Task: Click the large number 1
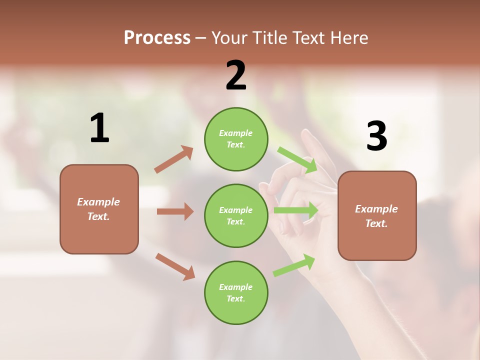pyautogui.click(x=99, y=128)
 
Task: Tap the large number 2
pyautogui.click(x=236, y=75)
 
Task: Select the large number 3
pyautogui.click(x=376, y=136)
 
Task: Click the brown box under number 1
pyautogui.click(x=99, y=209)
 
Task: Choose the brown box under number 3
pyautogui.click(x=377, y=215)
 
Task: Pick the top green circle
pyautogui.click(x=236, y=139)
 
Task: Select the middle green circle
pyautogui.click(x=236, y=215)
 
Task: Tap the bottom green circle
pyautogui.click(x=236, y=292)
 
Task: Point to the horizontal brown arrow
pyautogui.click(x=175, y=211)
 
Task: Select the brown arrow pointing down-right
pyautogui.click(x=175, y=266)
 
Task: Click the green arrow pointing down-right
pyautogui.click(x=298, y=160)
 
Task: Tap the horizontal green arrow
pyautogui.click(x=296, y=210)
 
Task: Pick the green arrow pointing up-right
pyautogui.click(x=294, y=265)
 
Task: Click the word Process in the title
pyautogui.click(x=157, y=37)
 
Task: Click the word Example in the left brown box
pyautogui.click(x=98, y=202)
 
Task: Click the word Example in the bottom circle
pyautogui.click(x=236, y=287)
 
